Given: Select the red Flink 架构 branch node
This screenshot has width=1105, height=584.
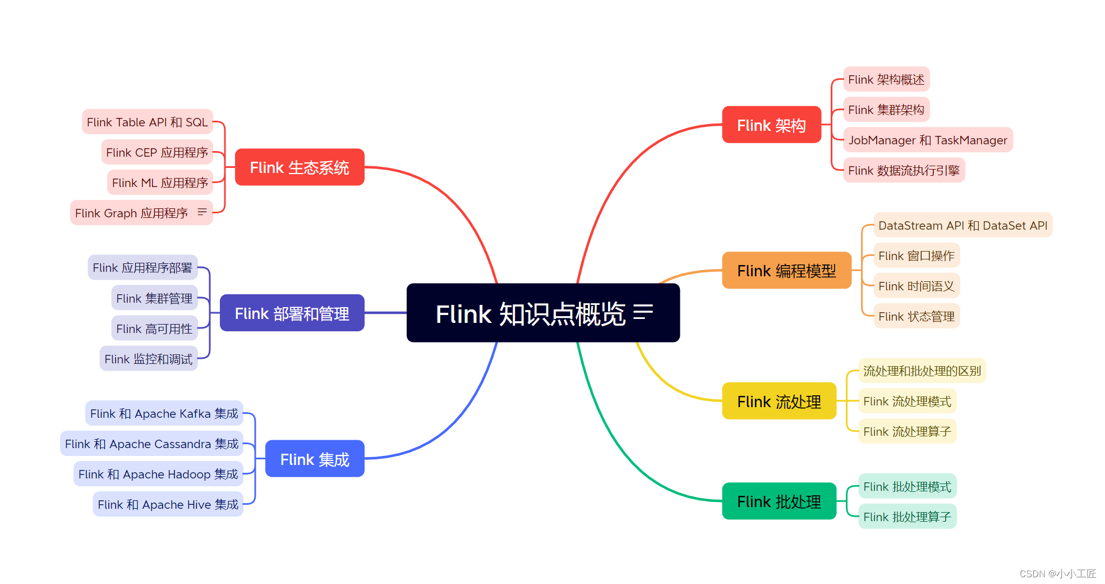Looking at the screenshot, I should (771, 125).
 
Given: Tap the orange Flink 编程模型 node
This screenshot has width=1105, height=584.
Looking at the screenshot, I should (786, 271).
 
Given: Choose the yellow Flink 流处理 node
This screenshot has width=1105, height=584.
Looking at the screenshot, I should (779, 401).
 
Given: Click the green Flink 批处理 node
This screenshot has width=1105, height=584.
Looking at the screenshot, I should (779, 501).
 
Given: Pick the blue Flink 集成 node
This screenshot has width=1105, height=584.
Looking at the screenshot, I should (314, 459).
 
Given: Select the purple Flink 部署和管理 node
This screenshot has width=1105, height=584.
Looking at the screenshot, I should (292, 313).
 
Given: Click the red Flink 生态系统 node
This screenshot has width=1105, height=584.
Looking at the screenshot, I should (299, 167).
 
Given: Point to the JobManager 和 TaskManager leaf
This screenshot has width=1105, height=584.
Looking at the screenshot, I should (928, 140).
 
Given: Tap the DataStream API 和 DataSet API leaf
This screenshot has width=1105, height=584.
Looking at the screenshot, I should (963, 225).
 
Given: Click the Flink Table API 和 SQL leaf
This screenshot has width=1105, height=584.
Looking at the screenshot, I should (147, 122).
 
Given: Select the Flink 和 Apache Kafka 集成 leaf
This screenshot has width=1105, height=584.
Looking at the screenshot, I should (164, 413).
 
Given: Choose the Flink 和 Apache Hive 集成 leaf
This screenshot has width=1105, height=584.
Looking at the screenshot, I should (168, 504).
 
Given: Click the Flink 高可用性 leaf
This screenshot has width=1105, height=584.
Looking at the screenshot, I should (154, 328).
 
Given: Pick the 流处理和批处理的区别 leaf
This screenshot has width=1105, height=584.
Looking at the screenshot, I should (922, 371).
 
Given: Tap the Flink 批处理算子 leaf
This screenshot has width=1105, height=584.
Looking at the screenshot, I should (907, 517).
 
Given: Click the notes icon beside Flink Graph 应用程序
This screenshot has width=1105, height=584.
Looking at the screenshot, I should (202, 212).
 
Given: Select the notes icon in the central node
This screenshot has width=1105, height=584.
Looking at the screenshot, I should (643, 312).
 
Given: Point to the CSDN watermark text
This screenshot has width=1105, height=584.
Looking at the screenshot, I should (1057, 573).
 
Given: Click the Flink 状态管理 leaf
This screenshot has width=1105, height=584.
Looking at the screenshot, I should (916, 316).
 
